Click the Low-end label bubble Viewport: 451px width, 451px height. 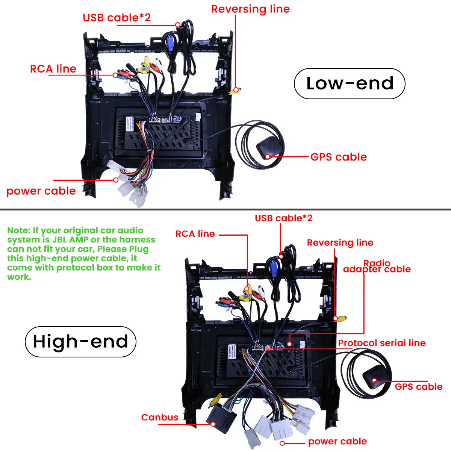tap(350, 83)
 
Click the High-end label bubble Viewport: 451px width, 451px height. tap(80, 342)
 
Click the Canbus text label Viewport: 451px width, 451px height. tap(160, 418)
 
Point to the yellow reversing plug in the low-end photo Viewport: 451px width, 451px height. tap(235, 91)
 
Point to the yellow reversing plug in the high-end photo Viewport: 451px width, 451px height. tap(340, 319)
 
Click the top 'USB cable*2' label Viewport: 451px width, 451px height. tap(117, 18)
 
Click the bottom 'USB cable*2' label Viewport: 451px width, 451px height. tap(283, 218)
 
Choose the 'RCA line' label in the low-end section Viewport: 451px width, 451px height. tap(53, 69)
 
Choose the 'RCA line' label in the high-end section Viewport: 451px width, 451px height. tap(195, 234)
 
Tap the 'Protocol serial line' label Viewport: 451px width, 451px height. tap(381, 343)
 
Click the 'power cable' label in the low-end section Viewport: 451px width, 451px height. tap(41, 191)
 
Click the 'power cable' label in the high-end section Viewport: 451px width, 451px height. tap(337, 441)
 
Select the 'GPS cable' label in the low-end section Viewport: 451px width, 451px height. tap(338, 157)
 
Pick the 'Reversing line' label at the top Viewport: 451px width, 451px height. tap(250, 9)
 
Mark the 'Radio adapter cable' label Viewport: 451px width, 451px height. tap(377, 266)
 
